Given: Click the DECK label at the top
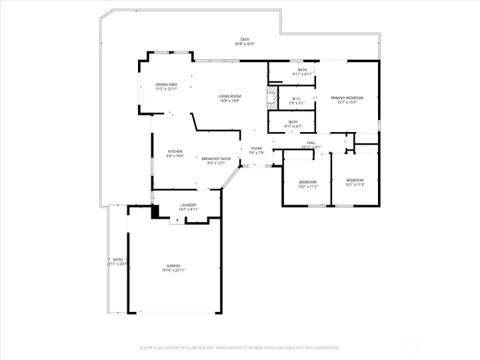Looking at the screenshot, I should [x=245, y=39].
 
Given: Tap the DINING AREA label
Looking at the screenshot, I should [x=166, y=85].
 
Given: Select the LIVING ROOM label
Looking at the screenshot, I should [x=229, y=97].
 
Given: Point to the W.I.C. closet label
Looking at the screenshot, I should [x=297, y=99].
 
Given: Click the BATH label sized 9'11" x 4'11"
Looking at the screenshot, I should [x=303, y=70].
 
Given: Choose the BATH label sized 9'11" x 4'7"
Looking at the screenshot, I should [x=293, y=122].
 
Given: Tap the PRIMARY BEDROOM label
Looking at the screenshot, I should [x=347, y=98].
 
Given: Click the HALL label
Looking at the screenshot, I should [x=311, y=143].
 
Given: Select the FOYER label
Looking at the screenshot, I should [x=256, y=149].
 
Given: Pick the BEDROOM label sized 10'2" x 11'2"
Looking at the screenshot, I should [x=307, y=182].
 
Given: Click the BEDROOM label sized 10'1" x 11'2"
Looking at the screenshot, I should [x=355, y=180].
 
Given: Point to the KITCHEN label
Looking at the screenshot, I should [x=175, y=151].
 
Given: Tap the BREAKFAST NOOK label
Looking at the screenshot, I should [x=217, y=159].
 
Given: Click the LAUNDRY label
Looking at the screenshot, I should [x=188, y=205].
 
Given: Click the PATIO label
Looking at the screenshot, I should [x=117, y=259].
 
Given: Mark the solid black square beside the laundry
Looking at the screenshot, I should [x=155, y=212].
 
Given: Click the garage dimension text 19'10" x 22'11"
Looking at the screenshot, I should [x=173, y=270].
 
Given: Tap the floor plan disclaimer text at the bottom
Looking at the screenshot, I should [x=239, y=347].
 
